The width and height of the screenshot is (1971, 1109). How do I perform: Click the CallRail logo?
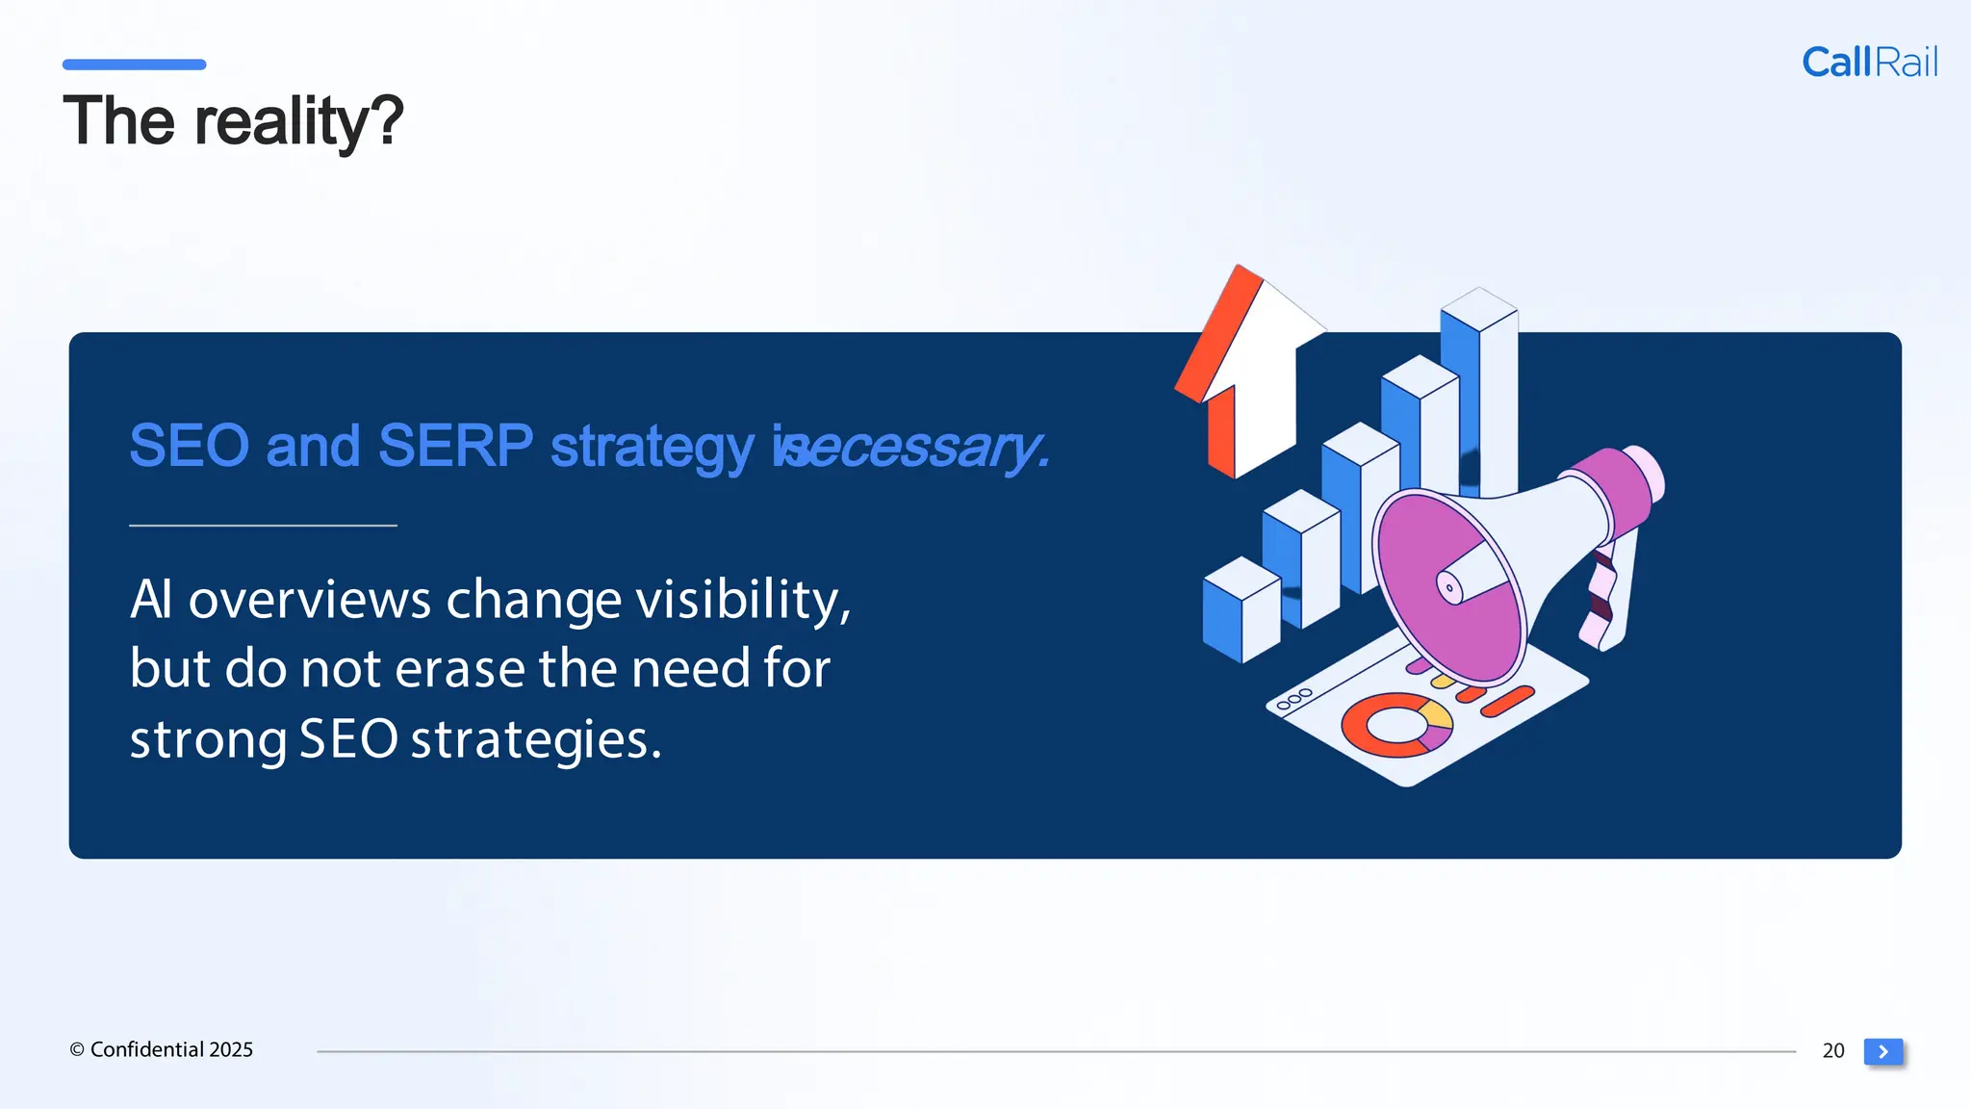1869,63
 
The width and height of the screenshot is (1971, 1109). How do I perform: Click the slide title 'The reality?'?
233,121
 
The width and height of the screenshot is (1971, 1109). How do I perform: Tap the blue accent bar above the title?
134,64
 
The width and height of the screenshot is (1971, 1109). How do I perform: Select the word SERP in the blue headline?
455,446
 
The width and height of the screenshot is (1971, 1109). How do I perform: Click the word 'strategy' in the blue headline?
652,448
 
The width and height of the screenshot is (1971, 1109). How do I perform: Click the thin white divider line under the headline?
263,526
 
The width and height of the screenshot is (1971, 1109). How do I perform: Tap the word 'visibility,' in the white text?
743,599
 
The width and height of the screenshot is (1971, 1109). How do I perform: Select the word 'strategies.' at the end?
536,739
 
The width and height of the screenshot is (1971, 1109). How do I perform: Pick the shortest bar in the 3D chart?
1241,610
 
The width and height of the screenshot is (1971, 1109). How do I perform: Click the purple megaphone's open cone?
1448,586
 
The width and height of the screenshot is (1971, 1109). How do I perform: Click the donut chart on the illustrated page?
1395,725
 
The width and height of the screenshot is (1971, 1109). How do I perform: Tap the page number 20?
1832,1050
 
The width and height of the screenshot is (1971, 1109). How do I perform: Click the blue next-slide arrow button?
1882,1051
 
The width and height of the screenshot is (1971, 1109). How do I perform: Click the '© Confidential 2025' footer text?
161,1049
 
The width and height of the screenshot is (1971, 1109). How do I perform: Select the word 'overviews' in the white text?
309,599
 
